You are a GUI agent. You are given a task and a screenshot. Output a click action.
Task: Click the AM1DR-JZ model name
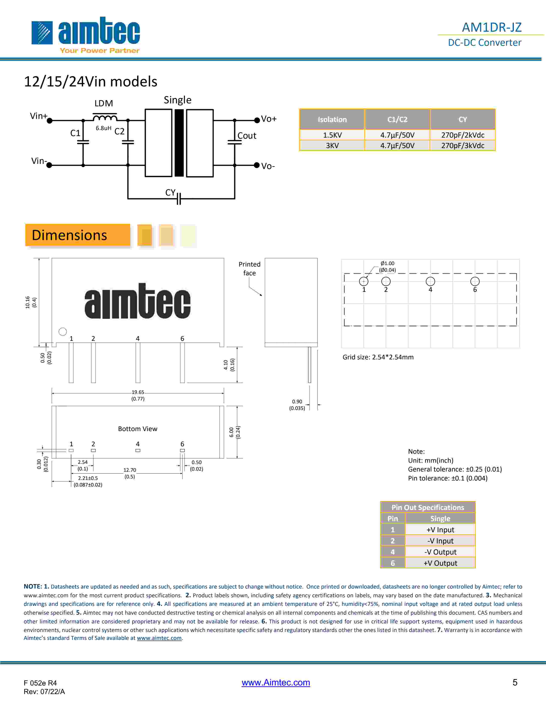491,27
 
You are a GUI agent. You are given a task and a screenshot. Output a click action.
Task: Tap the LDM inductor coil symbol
105,117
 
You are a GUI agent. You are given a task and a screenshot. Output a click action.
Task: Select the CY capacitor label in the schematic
170,193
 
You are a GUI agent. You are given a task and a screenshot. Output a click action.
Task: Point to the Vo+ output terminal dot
257,120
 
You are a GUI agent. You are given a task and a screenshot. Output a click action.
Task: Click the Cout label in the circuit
247,136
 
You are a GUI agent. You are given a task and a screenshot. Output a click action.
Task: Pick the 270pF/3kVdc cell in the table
462,145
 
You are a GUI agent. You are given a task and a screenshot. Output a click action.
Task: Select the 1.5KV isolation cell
332,135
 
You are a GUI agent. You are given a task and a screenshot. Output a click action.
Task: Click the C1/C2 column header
397,119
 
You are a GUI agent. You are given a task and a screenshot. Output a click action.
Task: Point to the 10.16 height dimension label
27,302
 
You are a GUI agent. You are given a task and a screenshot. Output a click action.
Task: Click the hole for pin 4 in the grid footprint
430,281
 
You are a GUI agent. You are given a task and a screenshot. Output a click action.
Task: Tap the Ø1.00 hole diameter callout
387,263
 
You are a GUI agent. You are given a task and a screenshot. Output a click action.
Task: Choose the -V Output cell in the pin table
440,552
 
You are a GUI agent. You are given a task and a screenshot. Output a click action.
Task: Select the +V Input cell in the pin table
440,529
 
